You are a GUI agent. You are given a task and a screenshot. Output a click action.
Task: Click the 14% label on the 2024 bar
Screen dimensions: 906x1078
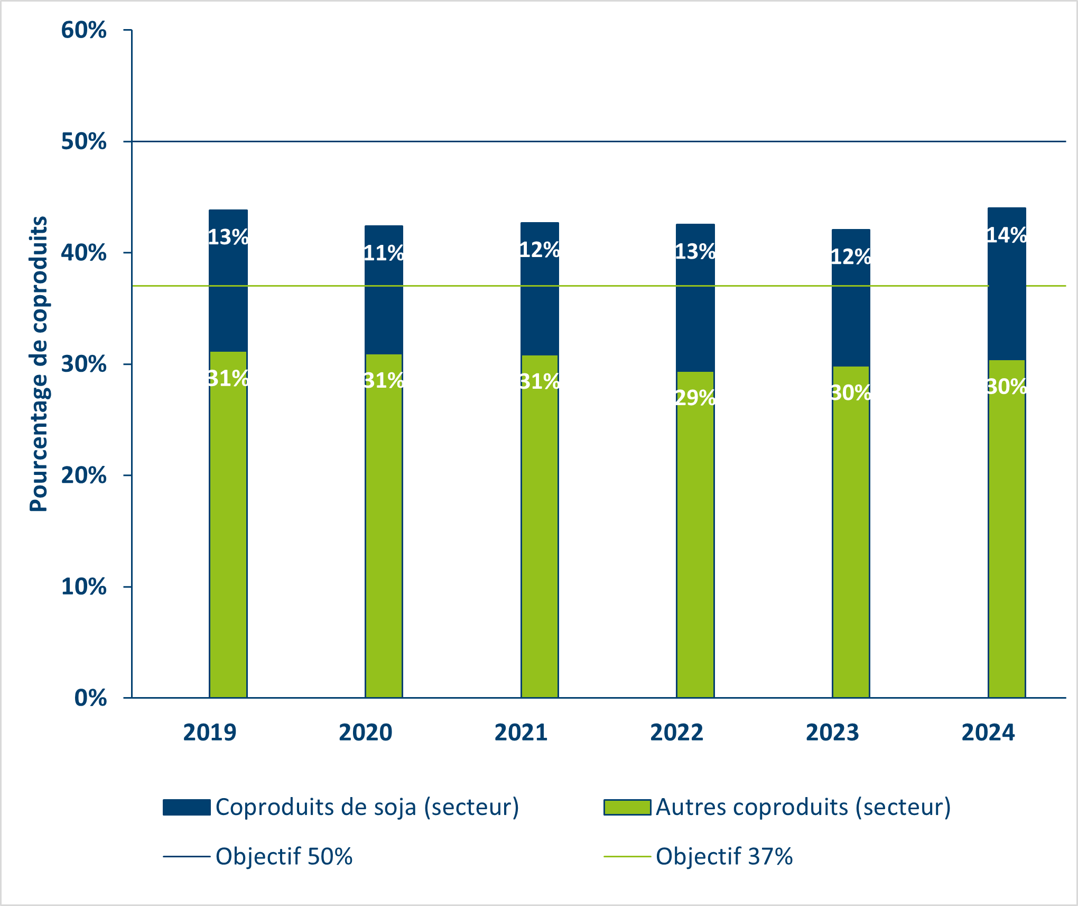pos(1007,235)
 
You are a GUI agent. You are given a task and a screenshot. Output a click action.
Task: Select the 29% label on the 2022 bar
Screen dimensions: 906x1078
pos(695,398)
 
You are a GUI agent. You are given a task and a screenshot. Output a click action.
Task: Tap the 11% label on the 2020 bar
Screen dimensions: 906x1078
pos(384,253)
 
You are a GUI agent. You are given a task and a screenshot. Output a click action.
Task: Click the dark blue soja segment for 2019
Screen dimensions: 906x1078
pos(228,307)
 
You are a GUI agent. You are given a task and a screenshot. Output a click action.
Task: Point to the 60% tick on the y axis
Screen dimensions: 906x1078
pos(84,30)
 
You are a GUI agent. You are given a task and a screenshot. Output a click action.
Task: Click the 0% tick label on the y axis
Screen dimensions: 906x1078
pos(91,698)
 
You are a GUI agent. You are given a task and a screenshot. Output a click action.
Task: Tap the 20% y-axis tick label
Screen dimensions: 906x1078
pos(84,475)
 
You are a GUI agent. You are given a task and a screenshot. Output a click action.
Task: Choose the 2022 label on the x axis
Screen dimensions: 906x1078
pos(676,733)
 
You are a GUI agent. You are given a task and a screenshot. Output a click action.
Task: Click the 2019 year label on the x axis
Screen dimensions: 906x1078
pos(210,733)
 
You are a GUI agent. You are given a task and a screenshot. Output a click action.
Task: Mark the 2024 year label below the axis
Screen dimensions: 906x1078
pos(988,733)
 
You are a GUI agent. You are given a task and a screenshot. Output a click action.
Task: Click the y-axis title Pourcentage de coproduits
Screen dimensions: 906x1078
pos(39,364)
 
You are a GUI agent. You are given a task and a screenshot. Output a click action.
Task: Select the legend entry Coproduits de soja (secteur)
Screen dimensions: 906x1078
pos(367,808)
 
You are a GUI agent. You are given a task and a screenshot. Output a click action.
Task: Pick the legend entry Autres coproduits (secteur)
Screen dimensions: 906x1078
pos(803,808)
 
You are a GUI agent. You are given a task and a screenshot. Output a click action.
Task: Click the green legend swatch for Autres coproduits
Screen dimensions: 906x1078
pos(627,808)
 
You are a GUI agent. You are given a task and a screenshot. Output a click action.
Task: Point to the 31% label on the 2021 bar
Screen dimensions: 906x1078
pos(540,382)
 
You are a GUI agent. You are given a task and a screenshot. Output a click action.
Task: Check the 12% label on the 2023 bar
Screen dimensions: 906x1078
pos(851,257)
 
